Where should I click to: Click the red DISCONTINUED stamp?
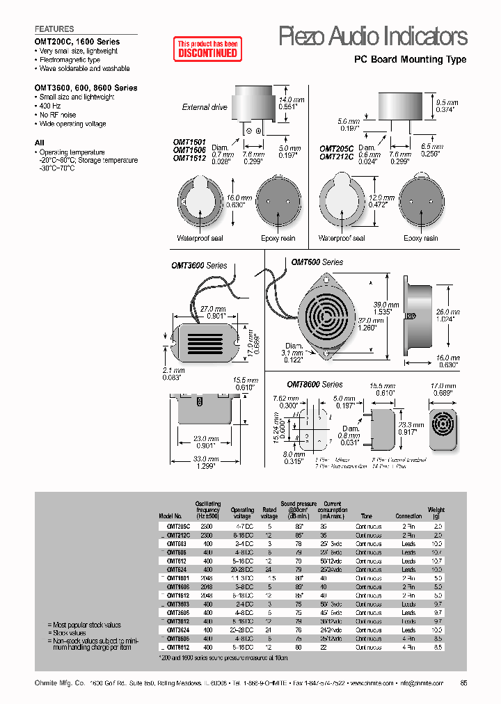[x=207, y=48]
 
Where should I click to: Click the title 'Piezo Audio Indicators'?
[x=372, y=35]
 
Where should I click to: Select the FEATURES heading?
[x=54, y=29]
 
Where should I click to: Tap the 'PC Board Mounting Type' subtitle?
[x=411, y=60]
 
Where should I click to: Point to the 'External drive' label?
[x=205, y=107]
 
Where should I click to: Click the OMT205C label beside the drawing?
[x=337, y=148]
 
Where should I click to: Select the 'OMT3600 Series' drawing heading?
[x=199, y=265]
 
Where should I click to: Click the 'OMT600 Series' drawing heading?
[x=317, y=262]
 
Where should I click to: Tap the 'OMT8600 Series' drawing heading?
[x=315, y=384]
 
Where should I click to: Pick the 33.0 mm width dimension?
[x=205, y=463]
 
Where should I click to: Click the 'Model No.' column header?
[x=169, y=516]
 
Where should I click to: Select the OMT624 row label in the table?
[x=177, y=569]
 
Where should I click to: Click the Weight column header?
[x=436, y=513]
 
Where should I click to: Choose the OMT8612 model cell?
[x=177, y=646]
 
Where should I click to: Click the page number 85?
[x=463, y=683]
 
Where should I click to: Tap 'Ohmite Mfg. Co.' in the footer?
[x=59, y=683]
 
